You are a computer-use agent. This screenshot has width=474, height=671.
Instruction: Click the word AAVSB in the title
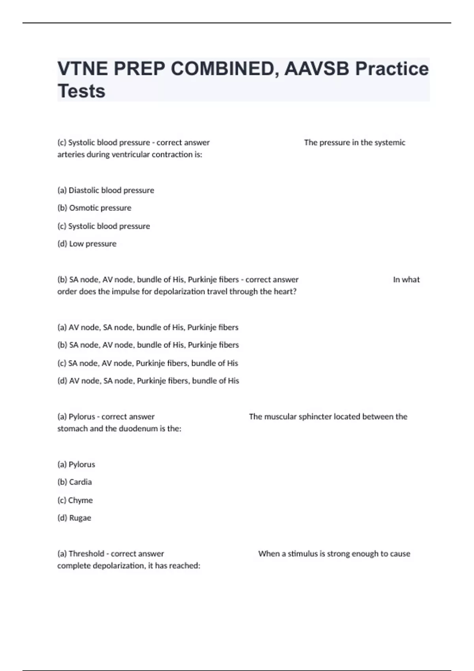(316, 69)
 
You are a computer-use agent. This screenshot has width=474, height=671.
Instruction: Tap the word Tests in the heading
(81, 91)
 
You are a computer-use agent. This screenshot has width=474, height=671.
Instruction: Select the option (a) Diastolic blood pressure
(106, 190)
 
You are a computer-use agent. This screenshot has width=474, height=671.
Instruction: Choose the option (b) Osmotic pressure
(94, 208)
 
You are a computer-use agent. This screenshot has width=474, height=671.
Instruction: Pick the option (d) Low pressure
(87, 244)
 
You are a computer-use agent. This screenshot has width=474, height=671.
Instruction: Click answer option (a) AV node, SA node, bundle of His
(148, 327)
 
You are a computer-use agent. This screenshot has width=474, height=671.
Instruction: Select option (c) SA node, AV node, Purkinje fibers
(148, 363)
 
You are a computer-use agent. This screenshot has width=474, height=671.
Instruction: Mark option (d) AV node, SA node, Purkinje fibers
(148, 381)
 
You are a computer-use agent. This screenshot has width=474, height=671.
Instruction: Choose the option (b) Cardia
(75, 482)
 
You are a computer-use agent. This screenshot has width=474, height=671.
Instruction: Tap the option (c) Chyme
(75, 500)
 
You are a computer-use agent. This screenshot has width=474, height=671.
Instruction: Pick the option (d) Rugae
(74, 518)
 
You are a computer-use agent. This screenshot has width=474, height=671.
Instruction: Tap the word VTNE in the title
(82, 69)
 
